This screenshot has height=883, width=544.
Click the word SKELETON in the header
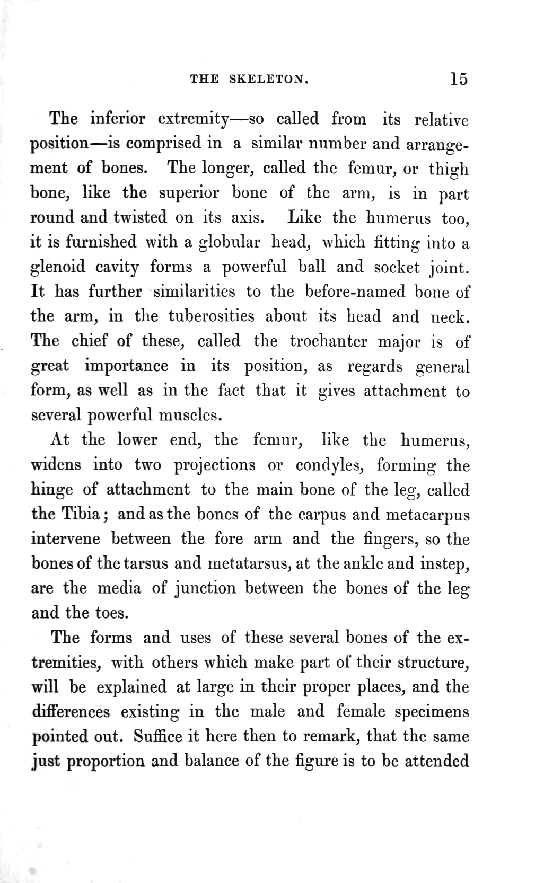(269, 80)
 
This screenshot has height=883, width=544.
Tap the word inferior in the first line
(117, 118)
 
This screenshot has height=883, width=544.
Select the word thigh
(449, 170)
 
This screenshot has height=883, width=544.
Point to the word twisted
(139, 217)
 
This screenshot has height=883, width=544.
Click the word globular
(229, 243)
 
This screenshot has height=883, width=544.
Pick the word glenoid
(58, 268)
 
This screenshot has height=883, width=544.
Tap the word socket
(397, 267)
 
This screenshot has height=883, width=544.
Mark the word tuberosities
(211, 316)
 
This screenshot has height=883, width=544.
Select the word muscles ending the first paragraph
(190, 415)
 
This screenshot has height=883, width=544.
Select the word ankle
(364, 563)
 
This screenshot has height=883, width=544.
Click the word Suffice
(158, 736)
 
